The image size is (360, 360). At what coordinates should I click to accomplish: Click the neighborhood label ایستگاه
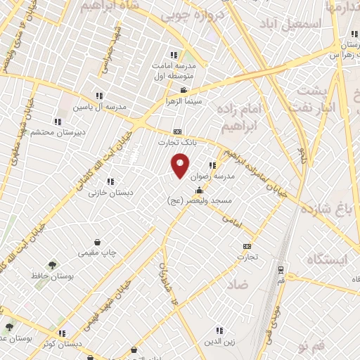[x=327, y=259]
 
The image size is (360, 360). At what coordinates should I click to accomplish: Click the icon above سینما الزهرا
[x=184, y=90]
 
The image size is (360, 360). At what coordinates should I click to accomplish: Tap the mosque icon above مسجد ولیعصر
[x=199, y=190]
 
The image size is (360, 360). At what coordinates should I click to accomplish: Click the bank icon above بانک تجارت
[x=177, y=131]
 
